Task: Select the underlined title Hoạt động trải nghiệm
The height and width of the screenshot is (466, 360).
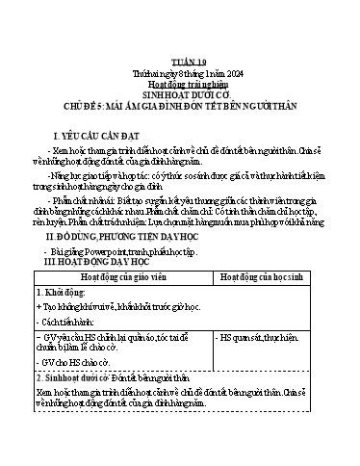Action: (x=180, y=83)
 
